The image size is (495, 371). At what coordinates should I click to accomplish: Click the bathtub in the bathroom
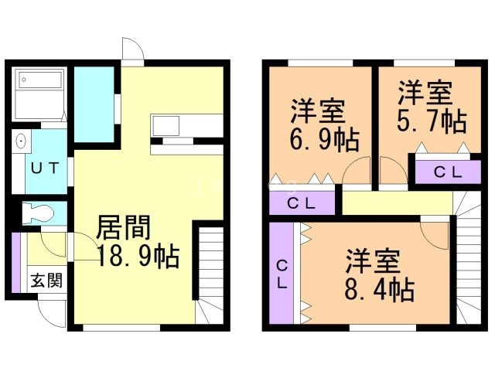(x=40, y=80)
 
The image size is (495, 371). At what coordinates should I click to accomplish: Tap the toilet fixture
(x=38, y=214)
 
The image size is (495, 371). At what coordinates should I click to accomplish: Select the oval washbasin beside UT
(x=21, y=141)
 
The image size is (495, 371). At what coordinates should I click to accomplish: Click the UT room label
(x=45, y=168)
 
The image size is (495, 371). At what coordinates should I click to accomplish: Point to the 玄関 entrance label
(x=46, y=280)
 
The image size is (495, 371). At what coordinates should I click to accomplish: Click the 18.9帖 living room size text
(x=138, y=256)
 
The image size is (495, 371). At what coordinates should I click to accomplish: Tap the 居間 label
(x=124, y=227)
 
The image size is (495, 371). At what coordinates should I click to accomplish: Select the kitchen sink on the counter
(x=166, y=125)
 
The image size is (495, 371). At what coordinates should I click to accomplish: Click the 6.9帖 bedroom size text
(x=325, y=139)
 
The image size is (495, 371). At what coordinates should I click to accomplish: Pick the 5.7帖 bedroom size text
(x=432, y=121)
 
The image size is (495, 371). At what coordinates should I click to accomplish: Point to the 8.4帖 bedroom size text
(x=380, y=289)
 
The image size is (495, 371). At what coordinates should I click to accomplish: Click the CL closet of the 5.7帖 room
(x=448, y=172)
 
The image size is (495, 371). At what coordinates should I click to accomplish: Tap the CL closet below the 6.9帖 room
(x=302, y=203)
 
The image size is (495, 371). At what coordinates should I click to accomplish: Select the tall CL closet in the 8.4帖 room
(x=282, y=273)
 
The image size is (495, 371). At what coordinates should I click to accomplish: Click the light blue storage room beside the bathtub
(x=94, y=104)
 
